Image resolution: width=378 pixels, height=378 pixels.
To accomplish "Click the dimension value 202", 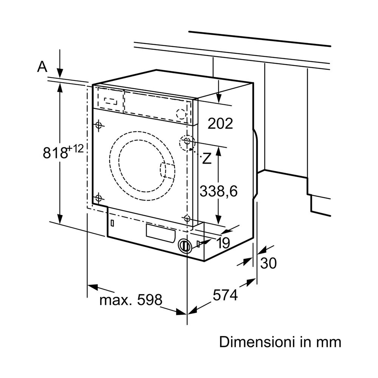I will pyautogui.click(x=220, y=123).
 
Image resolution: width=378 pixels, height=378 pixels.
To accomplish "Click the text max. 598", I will pyautogui.click(x=130, y=300).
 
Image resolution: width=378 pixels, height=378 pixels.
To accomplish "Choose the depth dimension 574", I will pyautogui.click(x=225, y=295).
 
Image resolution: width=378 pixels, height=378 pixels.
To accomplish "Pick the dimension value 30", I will pyautogui.click(x=269, y=263).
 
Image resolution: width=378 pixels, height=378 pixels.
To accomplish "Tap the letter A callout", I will pyautogui.click(x=42, y=67).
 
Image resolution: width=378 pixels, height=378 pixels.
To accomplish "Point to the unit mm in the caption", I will pyautogui.click(x=328, y=342).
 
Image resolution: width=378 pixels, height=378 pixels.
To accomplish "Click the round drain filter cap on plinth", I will pyautogui.click(x=184, y=245).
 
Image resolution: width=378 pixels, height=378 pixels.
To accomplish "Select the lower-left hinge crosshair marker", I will pyautogui.click(x=99, y=197).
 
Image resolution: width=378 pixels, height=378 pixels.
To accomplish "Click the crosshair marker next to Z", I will pyautogui.click(x=187, y=141).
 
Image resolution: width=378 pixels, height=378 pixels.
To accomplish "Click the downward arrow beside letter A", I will pyautogui.click(x=59, y=69).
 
